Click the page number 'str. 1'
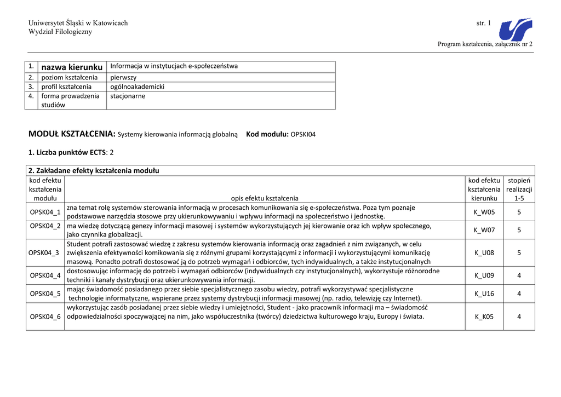point(484,23)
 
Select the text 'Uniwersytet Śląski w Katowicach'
point(78,23)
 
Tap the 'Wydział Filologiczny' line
point(60,32)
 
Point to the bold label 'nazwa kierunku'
point(72,67)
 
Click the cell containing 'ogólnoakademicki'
point(138,87)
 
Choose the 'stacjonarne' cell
point(128,96)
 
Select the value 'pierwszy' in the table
point(124,77)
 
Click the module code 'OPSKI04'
point(303,134)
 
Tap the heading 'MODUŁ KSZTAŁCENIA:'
point(72,134)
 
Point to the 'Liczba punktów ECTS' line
point(71,152)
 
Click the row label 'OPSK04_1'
point(45,211)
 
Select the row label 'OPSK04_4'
point(45,275)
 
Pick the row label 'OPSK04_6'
point(45,317)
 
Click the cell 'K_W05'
point(484,211)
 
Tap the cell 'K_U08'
point(484,252)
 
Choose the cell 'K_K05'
point(484,317)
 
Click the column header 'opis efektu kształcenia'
point(265,198)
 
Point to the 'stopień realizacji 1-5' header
point(519,189)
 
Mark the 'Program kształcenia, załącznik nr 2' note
point(485,44)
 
